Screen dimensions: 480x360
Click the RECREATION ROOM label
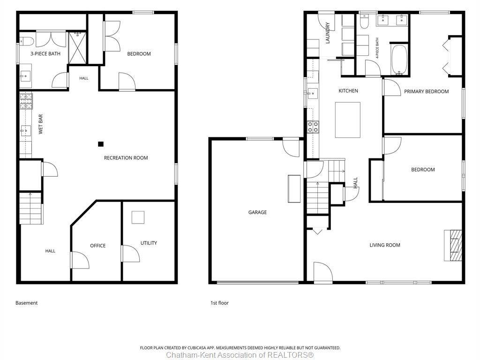click(126, 158)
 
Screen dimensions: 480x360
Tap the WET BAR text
click(41, 124)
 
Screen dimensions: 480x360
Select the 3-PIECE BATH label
click(45, 54)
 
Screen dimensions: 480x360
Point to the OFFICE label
click(97, 246)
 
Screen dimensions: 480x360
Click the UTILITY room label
click(149, 243)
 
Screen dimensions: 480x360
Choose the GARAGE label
click(257, 212)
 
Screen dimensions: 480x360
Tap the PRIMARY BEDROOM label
click(427, 91)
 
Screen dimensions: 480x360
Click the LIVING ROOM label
click(385, 245)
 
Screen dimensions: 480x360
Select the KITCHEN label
click(348, 91)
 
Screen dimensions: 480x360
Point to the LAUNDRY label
click(328, 33)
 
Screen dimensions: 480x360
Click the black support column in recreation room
click(101, 144)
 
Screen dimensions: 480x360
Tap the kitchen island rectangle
click(348, 120)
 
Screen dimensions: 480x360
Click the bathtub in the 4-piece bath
click(399, 60)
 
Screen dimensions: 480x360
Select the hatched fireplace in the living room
click(453, 245)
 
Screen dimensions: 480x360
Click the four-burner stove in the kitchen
click(313, 127)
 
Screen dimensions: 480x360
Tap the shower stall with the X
click(77, 48)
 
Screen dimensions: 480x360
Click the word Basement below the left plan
click(27, 303)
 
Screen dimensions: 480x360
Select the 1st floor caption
click(219, 303)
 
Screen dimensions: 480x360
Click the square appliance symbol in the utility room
click(138, 217)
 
